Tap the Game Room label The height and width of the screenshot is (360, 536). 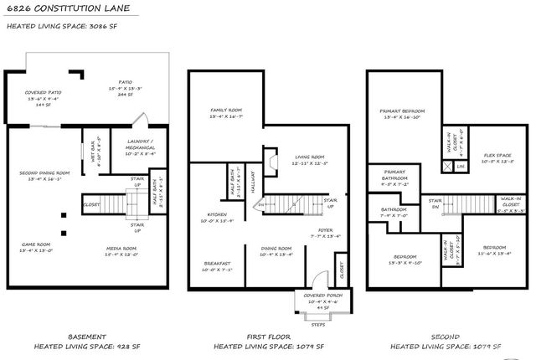point(35,245)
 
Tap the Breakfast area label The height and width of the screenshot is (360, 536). point(217,264)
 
